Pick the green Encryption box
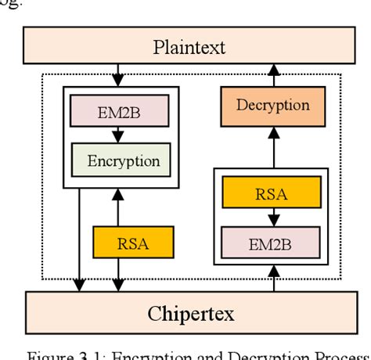123,161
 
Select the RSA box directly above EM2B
270,193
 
